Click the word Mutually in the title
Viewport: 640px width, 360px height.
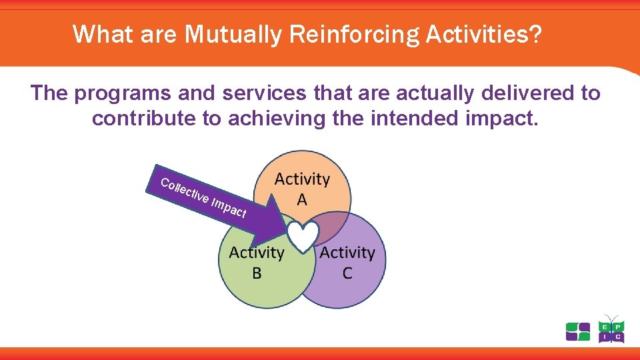coord(233,34)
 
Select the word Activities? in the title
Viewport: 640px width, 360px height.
coord(484,33)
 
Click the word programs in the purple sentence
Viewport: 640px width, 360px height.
coord(122,94)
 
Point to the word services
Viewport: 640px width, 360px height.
coord(264,93)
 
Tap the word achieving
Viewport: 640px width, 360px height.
coord(277,119)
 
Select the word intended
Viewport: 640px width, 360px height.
coord(415,118)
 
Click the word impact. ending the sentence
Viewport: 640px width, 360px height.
coord(501,119)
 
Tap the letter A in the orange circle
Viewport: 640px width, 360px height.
coord(302,200)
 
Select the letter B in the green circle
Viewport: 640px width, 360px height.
coord(257,273)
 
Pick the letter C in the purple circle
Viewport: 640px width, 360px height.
coord(347,273)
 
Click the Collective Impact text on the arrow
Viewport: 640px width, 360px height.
coord(203,198)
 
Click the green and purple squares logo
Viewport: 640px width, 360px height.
coord(578,331)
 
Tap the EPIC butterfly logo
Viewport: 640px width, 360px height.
coord(611,329)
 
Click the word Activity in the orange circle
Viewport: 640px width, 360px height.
coord(302,179)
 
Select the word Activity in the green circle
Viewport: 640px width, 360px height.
coord(257,253)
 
